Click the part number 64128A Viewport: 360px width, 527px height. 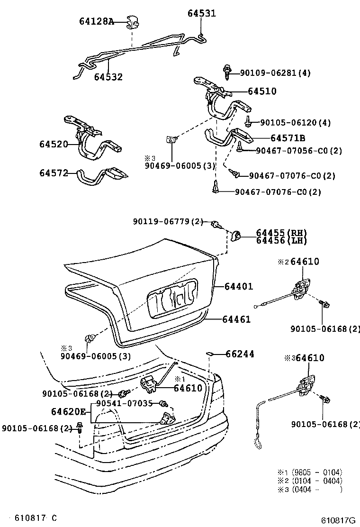(96, 21)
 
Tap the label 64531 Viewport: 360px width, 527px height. (201, 13)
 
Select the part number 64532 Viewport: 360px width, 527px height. (108, 77)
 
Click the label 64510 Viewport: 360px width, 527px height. (262, 91)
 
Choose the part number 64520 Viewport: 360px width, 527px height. (54, 144)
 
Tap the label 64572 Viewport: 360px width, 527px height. (54, 173)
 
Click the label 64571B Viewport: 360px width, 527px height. (288, 138)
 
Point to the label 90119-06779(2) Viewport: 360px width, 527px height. (168, 221)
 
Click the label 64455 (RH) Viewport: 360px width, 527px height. (281, 233)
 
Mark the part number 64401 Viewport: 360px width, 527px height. (239, 286)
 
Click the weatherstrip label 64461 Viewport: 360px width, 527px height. (236, 319)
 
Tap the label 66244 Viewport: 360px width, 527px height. (240, 354)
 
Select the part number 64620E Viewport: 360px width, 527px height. (69, 411)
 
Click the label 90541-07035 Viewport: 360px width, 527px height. (124, 403)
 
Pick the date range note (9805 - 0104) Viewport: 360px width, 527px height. (317, 472)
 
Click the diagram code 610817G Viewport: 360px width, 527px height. (338, 520)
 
